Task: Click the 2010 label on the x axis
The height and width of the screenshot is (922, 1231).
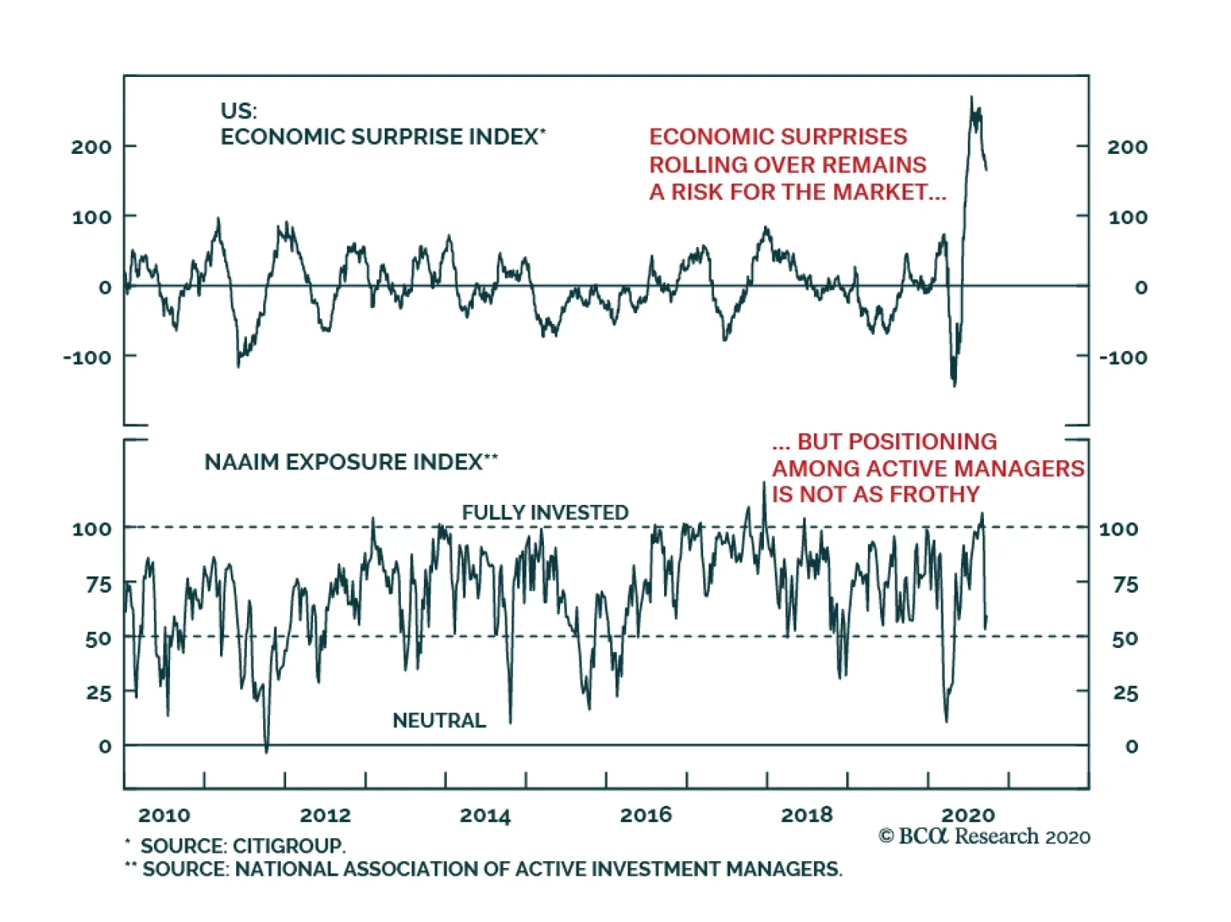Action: (164, 815)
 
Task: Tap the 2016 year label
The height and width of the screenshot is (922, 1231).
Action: (645, 815)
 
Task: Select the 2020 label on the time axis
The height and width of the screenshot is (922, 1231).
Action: (967, 815)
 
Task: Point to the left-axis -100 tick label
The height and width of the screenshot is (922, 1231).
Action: (88, 357)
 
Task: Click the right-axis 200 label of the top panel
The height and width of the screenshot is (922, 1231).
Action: (1126, 147)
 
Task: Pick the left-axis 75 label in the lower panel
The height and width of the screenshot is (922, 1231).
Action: (98, 585)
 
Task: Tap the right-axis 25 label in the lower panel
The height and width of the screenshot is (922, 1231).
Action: (1125, 693)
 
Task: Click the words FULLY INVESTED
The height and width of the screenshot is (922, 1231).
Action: (545, 513)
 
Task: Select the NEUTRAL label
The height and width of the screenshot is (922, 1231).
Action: (439, 720)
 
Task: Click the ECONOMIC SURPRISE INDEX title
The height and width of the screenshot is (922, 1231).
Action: (383, 137)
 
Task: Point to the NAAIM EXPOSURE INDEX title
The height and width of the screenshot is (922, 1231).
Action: (351, 462)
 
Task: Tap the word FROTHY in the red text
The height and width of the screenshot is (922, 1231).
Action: (935, 494)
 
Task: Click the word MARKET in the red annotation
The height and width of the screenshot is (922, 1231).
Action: (879, 192)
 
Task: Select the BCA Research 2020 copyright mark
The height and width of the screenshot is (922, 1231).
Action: (984, 837)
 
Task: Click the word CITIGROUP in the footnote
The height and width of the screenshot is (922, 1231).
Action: (289, 845)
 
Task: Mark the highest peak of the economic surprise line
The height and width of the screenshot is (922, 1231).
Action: (972, 97)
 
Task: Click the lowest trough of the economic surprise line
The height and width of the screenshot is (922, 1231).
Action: (955, 385)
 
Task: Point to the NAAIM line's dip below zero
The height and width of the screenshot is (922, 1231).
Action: (266, 751)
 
